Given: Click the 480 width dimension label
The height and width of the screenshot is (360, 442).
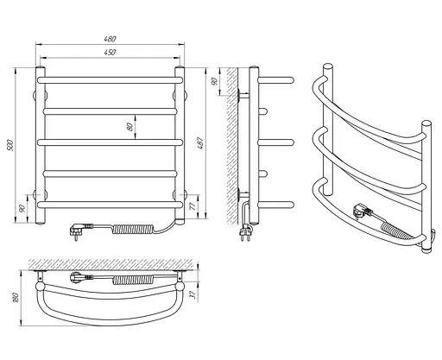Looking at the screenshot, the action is click(110, 39).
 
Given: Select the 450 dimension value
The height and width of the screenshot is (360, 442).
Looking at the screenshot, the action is click(110, 52).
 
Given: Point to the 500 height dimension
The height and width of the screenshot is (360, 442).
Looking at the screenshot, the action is click(10, 145).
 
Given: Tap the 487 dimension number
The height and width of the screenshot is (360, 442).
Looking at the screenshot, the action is click(200, 143).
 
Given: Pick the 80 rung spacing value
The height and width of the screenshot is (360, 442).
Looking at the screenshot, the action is click(130, 127).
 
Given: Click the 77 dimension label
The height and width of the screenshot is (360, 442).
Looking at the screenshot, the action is click(193, 205).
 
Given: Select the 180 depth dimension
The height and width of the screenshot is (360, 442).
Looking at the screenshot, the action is click(16, 298).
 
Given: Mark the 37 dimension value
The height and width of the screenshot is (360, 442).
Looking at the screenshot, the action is click(193, 294).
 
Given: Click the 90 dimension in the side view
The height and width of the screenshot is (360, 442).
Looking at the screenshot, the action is click(214, 81).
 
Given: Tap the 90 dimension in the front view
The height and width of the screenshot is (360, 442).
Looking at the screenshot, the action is click(22, 208).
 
